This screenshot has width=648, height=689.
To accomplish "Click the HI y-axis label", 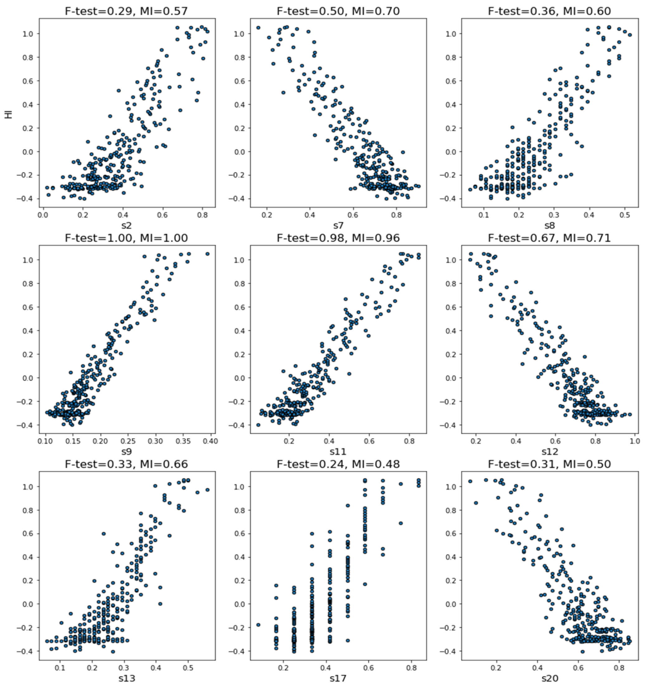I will pos(9,113).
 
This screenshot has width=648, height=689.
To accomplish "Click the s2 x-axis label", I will pos(126,226).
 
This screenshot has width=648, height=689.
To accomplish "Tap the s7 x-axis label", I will pos(338,226).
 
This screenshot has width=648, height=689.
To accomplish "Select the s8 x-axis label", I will pos(550,226).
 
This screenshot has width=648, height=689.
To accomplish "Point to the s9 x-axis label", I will pos(126,452).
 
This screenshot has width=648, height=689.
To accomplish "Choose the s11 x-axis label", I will pos(338,452).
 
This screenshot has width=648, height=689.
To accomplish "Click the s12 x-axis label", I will pos(550,452).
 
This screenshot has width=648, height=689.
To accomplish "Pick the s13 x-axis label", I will pos(126,678).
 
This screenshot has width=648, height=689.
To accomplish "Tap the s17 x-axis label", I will pos(338,678).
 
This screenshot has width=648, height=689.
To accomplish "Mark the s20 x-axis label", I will pos(550,678).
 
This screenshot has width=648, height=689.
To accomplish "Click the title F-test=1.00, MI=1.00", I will pos(126,238).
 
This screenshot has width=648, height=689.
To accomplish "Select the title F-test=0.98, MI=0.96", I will pos(338,238).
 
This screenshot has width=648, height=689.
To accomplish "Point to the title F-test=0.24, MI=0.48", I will pos(338,464).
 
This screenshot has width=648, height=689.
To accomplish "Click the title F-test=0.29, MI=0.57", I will pos(126,12).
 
